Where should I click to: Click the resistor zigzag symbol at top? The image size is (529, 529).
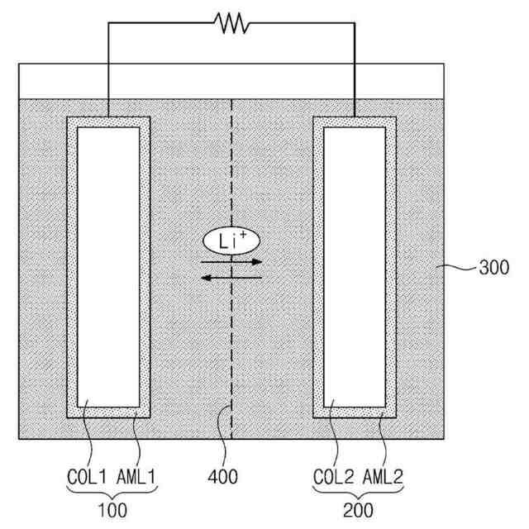[232, 24]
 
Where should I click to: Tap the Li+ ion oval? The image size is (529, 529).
[231, 241]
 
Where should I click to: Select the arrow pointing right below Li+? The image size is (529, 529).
[232, 261]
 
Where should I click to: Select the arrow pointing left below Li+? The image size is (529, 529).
[232, 278]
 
